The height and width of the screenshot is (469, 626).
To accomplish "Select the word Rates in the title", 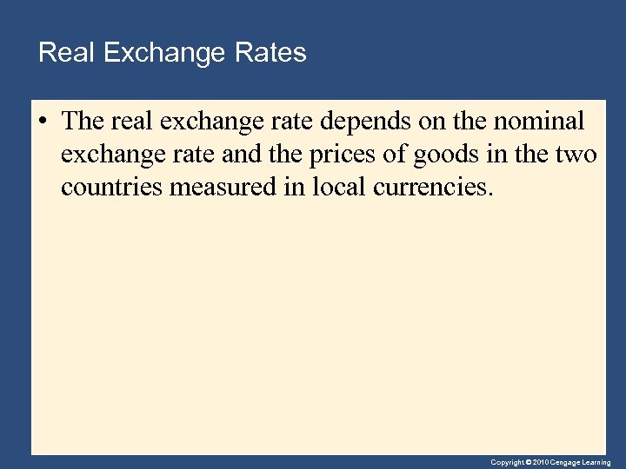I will pyautogui.click(x=270, y=53).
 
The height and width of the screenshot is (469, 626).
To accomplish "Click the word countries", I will pyautogui.click(x=110, y=188).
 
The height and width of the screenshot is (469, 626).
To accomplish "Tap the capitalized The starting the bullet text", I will pyautogui.click(x=83, y=122).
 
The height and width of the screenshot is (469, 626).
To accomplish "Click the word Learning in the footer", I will pyautogui.click(x=597, y=463).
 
